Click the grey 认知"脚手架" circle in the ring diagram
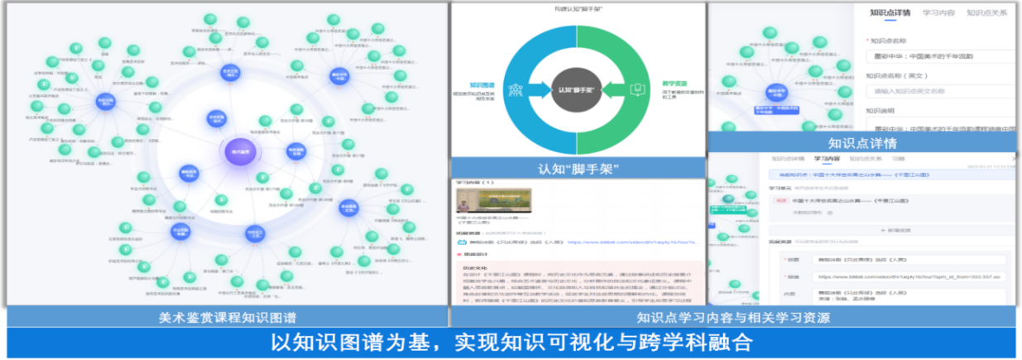(x=577, y=89)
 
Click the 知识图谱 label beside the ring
(x=482, y=84)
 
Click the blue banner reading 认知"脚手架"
(x=577, y=169)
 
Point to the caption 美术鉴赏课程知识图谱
(x=228, y=317)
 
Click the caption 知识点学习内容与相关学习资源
(x=732, y=317)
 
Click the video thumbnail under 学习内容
(x=493, y=202)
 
